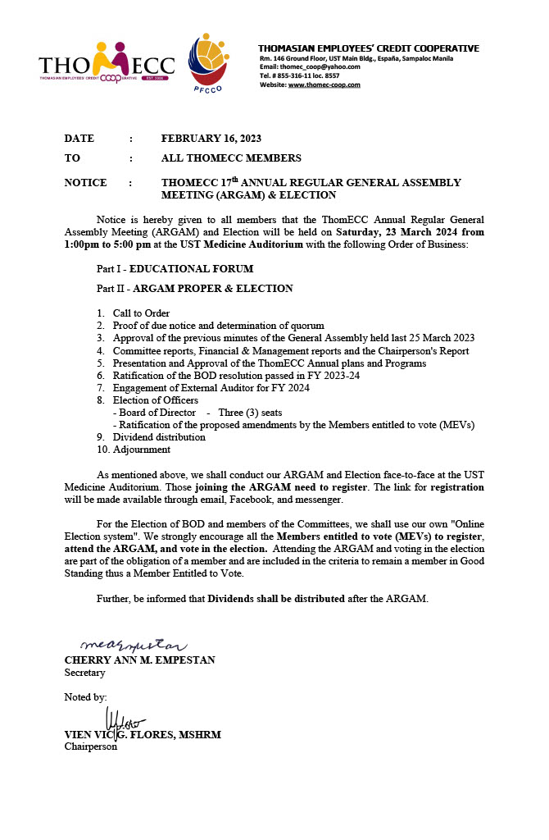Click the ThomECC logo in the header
[107, 62]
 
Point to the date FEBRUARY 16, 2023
[211, 138]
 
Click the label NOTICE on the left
[85, 183]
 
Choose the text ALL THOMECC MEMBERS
[231, 157]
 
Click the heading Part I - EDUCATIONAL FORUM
[175, 269]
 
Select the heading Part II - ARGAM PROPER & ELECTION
[194, 289]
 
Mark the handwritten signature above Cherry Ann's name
[134, 646]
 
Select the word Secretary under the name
[85, 673]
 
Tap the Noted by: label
[86, 697]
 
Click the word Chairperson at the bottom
[91, 746]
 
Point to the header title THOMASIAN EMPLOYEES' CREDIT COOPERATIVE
[369, 48]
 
